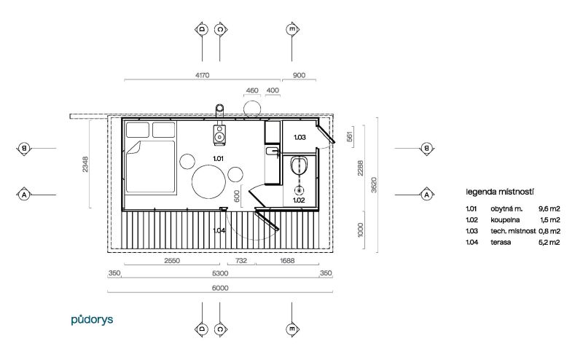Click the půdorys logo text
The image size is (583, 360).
92,320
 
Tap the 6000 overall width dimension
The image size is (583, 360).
220,288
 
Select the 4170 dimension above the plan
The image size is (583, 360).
203,75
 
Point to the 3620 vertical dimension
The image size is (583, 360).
374,185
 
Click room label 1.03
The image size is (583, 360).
300,137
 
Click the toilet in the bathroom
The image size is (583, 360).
299,165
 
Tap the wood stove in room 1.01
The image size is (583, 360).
219,135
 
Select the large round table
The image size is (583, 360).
208,182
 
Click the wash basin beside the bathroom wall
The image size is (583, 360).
272,151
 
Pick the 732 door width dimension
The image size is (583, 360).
241,261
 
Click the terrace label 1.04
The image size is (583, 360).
219,230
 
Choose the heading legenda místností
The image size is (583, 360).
500,192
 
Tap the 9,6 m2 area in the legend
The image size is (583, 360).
549,209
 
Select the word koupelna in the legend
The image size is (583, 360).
505,220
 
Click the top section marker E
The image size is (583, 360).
292,29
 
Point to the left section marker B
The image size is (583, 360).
24,149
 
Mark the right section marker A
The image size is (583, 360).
426,195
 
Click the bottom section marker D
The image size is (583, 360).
202,329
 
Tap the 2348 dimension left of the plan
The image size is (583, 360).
85,164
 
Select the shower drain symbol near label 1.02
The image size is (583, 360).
299,190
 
